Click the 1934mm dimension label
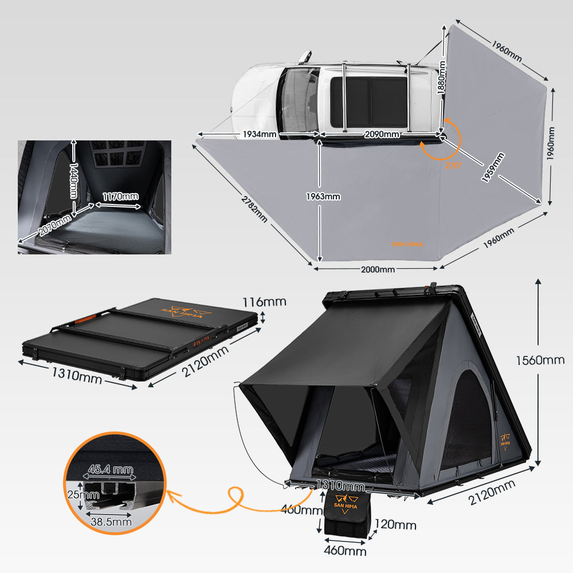[x=259, y=134]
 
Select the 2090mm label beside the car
[x=382, y=134]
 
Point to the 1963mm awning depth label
[x=323, y=196]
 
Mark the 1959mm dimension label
[x=493, y=167]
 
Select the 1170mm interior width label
[x=120, y=197]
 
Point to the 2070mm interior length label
[x=56, y=224]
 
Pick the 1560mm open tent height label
[x=540, y=360]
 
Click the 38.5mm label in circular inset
[x=111, y=521]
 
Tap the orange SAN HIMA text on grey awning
[x=407, y=244]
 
